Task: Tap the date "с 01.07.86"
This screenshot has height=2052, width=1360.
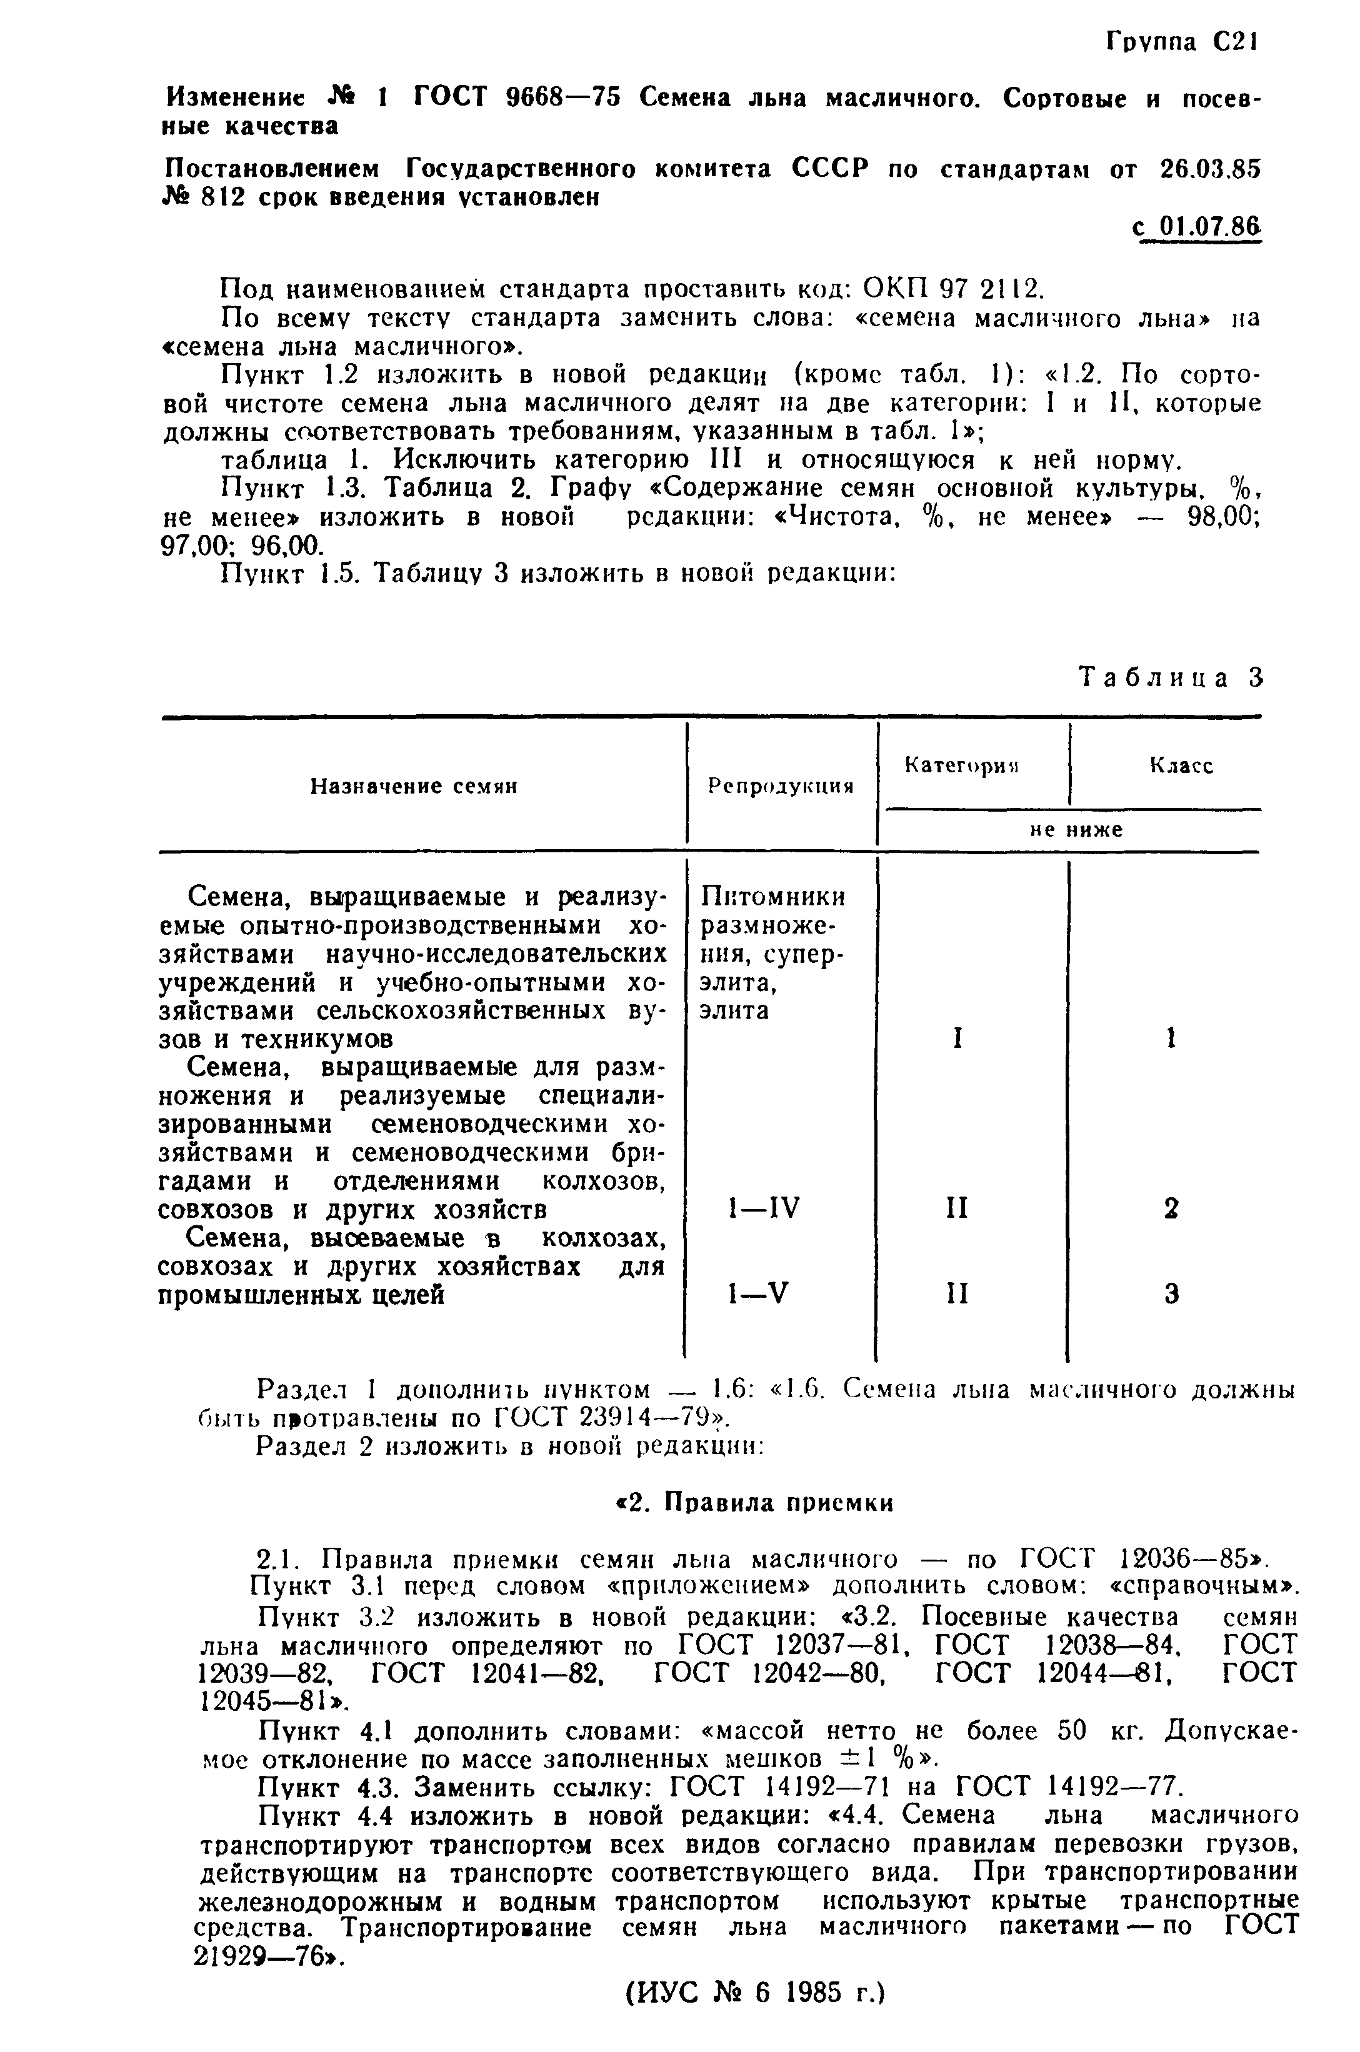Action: click(x=1196, y=229)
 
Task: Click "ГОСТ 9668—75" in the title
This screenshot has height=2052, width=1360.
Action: click(x=517, y=98)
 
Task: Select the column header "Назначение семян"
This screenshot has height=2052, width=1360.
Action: click(x=414, y=786)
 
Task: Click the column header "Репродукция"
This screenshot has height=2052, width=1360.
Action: click(x=781, y=786)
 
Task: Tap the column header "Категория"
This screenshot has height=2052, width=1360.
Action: click(x=962, y=765)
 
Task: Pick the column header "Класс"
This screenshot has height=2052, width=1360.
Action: click(x=1181, y=765)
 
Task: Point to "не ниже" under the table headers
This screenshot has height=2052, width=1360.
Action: click(x=1076, y=830)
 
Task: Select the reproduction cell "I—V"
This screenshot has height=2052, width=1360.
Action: click(x=758, y=1294)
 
